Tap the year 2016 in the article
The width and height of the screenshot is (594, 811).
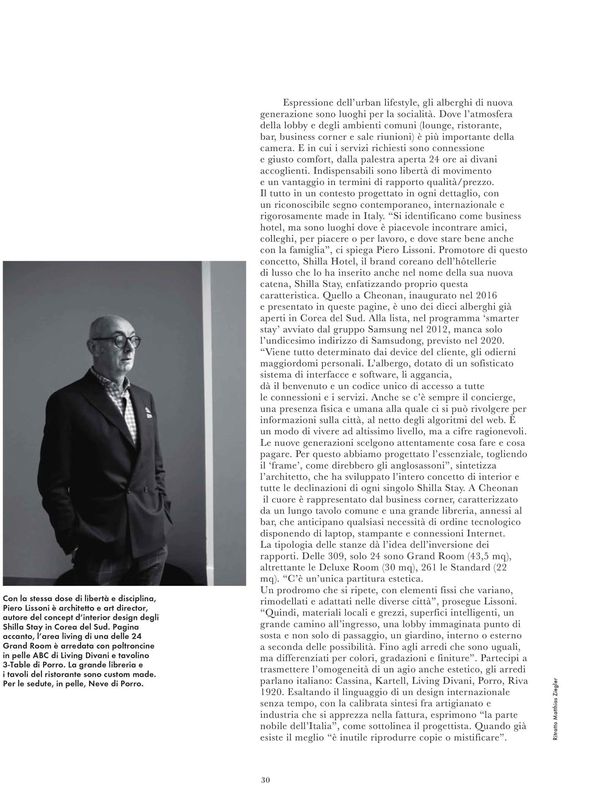(x=476, y=296)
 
